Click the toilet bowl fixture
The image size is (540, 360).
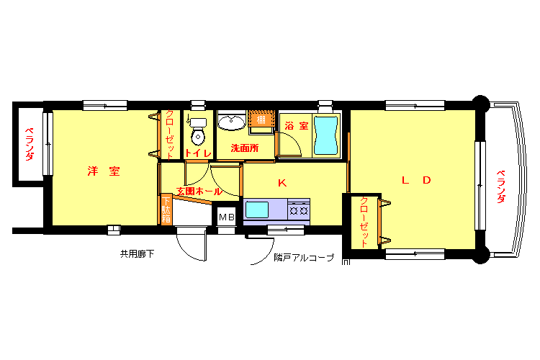point(198,132)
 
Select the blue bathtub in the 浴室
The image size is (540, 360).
point(325,135)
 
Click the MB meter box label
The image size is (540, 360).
point(227,217)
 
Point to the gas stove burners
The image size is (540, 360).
point(299,209)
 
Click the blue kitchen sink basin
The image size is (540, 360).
point(257,210)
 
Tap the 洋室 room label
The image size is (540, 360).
point(104,171)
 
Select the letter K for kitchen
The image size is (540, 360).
point(282,183)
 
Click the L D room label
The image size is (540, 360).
point(416,180)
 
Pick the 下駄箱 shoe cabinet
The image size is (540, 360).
point(166,210)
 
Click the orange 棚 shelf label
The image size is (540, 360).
point(261,120)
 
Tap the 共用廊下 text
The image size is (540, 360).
point(137,254)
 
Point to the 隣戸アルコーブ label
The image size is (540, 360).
point(304,258)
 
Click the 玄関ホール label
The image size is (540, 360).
point(199,192)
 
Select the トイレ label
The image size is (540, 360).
point(198,153)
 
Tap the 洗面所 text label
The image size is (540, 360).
point(245,148)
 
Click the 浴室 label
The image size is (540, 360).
point(296,126)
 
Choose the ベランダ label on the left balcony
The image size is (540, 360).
point(30,144)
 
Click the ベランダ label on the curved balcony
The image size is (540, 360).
point(501,186)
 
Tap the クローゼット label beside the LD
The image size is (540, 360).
point(364,222)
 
